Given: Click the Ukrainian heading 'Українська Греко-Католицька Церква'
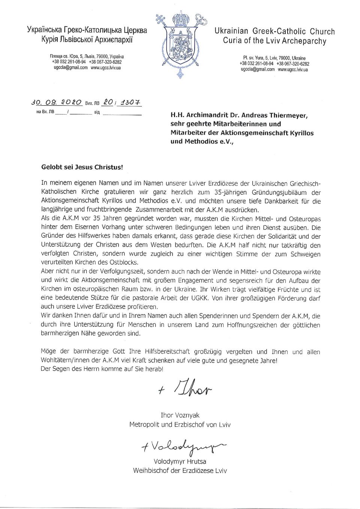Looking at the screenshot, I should [87, 30].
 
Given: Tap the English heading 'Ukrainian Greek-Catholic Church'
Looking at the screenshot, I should [274, 31].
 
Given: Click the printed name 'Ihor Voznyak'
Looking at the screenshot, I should [180, 415].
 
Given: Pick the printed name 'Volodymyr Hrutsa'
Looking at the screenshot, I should [180, 462].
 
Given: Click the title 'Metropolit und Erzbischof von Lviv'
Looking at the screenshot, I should [180, 425].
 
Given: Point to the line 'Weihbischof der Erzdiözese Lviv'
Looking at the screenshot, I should [180, 471].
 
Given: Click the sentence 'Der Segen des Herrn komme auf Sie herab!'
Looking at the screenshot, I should [102, 369].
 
